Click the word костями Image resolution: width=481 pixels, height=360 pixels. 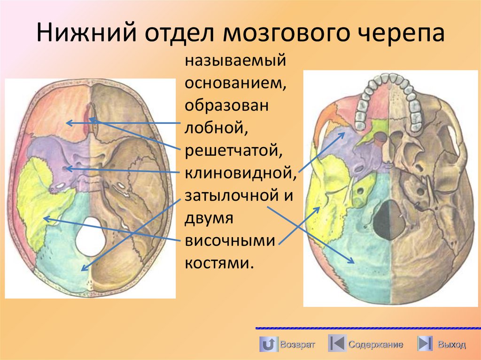pyautogui.click(x=218, y=263)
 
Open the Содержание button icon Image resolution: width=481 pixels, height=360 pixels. pyautogui.click(x=337, y=344)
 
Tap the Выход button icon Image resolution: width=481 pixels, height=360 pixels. pyautogui.click(x=425, y=344)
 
